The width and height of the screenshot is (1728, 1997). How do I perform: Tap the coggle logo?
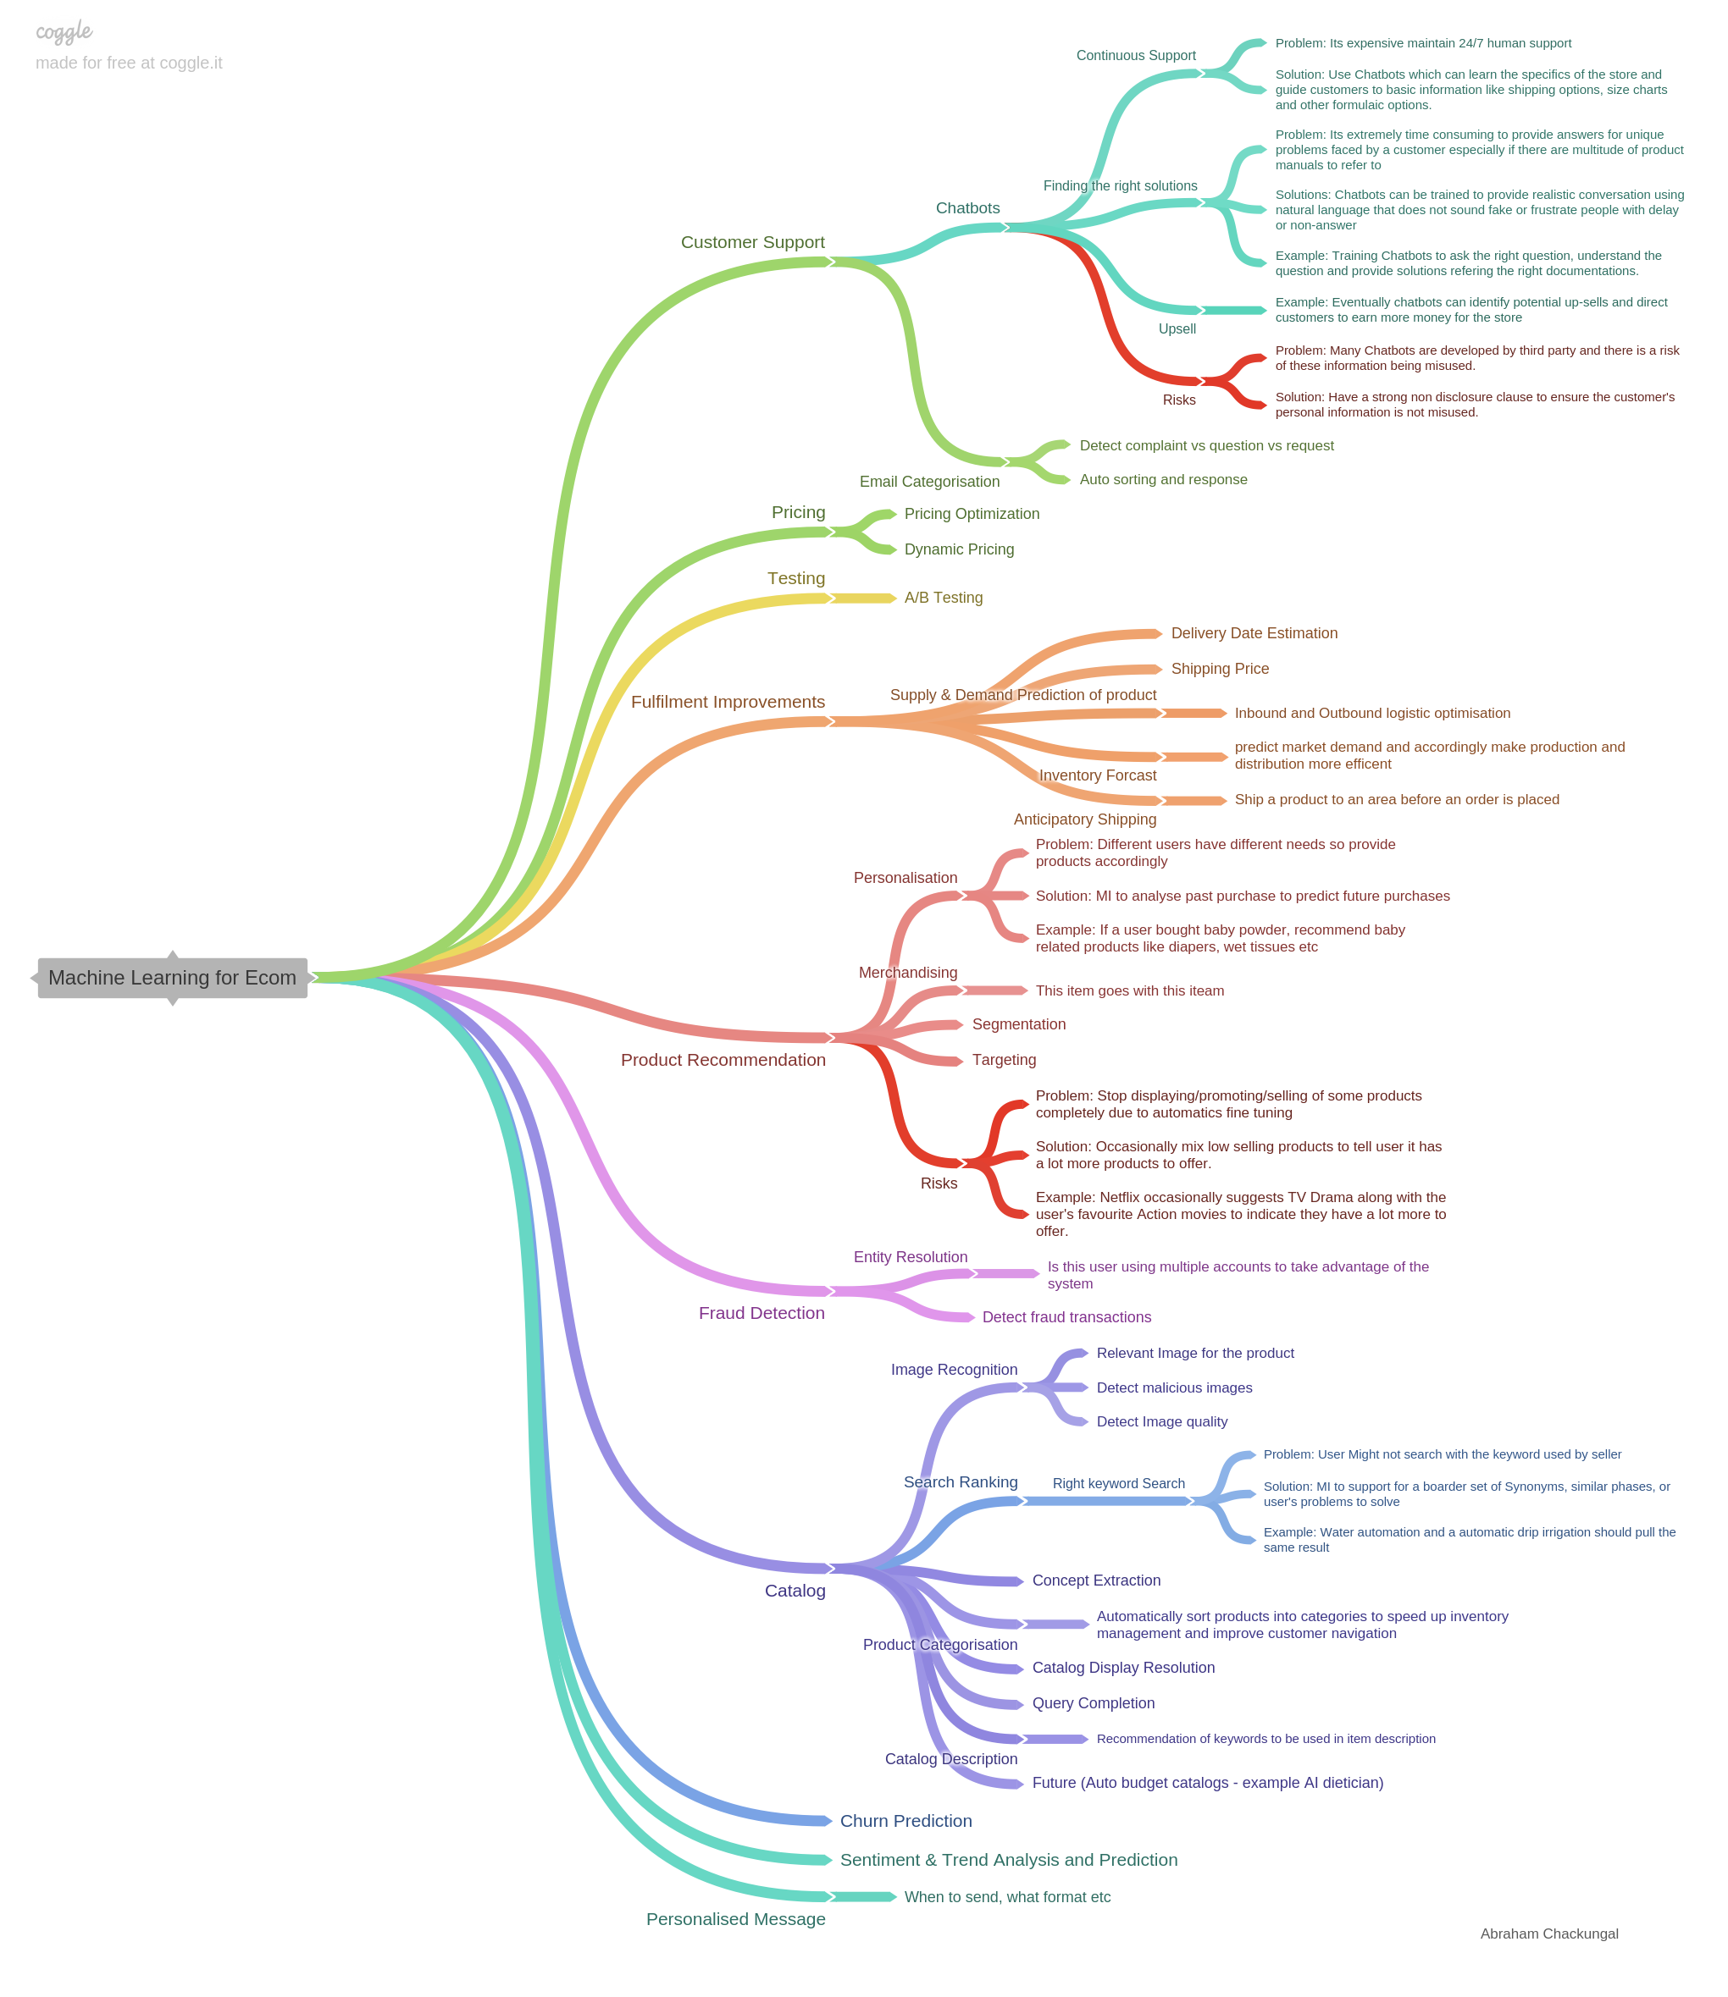click(64, 32)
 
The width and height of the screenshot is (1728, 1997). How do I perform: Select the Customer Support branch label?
click(752, 242)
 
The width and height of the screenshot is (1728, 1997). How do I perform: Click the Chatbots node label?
click(967, 208)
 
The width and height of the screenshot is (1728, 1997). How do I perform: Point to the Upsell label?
click(1177, 328)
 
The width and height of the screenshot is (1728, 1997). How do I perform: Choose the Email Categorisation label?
click(928, 481)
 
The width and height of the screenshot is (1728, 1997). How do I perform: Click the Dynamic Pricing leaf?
click(959, 549)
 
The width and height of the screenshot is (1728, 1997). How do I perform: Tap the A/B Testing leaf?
click(943, 598)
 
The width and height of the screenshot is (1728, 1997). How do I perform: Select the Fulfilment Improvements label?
click(727, 702)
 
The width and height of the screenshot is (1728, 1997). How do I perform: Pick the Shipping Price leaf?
click(1220, 669)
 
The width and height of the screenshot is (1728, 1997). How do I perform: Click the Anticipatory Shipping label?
click(1085, 819)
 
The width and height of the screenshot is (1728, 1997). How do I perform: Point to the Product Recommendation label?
click(723, 1060)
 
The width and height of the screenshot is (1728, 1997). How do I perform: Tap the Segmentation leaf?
click(1018, 1024)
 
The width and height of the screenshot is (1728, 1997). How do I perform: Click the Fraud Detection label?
click(761, 1313)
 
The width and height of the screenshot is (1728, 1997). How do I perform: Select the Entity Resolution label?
click(910, 1257)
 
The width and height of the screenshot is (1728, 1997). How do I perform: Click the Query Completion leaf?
click(1093, 1703)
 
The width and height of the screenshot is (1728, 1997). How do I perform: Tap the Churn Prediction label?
click(906, 1821)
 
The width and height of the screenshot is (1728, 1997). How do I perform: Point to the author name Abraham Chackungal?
click(1548, 1934)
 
